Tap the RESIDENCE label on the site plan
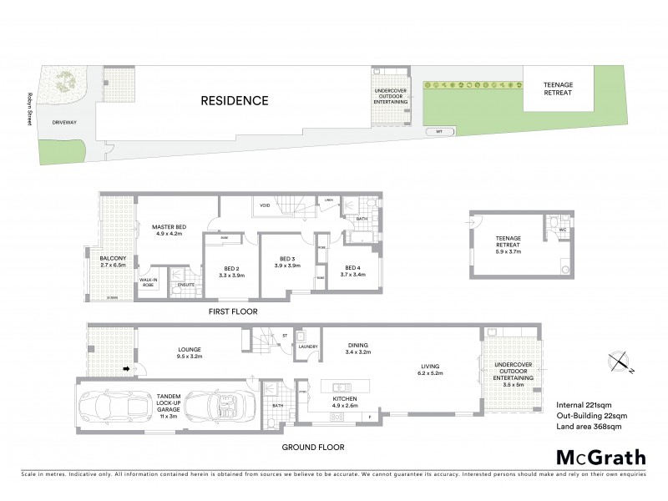click(234, 101)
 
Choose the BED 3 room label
click(288, 261)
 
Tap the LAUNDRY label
click(308, 347)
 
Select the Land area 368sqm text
click(590, 428)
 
